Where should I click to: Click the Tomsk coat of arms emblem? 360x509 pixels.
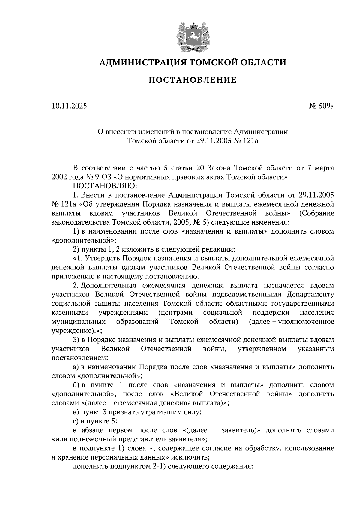[x=193, y=36]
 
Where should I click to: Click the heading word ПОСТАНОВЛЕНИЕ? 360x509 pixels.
[x=193, y=80]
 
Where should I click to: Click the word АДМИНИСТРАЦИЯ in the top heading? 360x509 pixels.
[x=139, y=62]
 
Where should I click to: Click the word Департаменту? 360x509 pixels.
[x=310, y=294]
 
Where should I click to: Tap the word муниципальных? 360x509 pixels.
[x=79, y=322]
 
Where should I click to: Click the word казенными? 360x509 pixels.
[x=70, y=313]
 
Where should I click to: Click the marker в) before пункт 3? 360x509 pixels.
[x=76, y=412]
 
